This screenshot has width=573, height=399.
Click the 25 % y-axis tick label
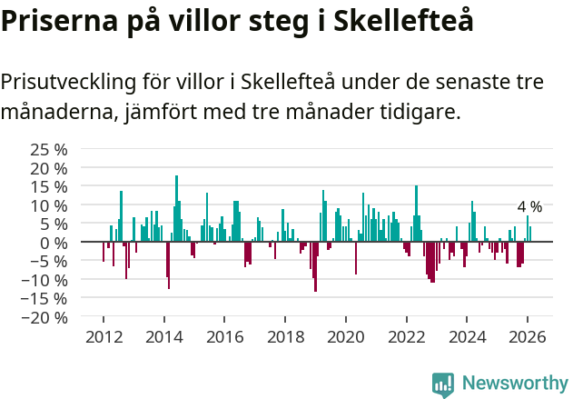point(49,149)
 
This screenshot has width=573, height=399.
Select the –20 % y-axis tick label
point(44,318)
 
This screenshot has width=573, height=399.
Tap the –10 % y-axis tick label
point(44,280)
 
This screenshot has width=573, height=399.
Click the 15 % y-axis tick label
point(49,186)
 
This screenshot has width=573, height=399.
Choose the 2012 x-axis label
point(104,336)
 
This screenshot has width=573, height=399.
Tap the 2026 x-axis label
point(528,336)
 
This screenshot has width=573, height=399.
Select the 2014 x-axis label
point(164,336)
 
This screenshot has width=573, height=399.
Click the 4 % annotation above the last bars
point(529,206)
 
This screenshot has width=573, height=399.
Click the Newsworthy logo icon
point(443,384)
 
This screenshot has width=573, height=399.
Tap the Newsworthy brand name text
point(515,384)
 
